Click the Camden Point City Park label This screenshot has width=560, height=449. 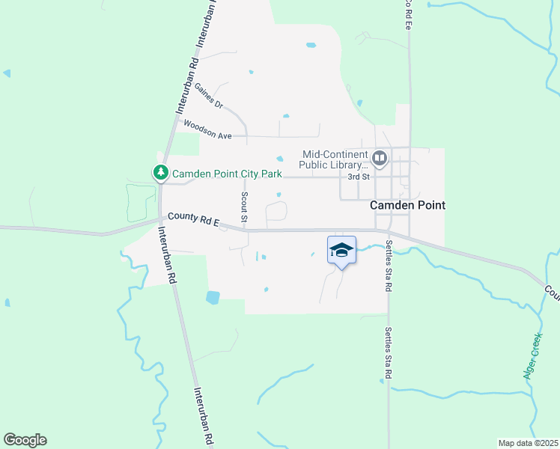(x=227, y=174)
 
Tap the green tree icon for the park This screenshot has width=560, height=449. (x=160, y=173)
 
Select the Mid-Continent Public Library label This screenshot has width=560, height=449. (x=335, y=159)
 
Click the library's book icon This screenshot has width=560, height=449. (x=380, y=159)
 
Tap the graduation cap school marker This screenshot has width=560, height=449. (x=341, y=250)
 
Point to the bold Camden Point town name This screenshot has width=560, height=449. (x=408, y=205)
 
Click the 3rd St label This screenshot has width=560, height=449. (x=359, y=177)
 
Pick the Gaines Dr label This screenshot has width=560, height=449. (x=208, y=96)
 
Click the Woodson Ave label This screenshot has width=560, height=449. (x=207, y=130)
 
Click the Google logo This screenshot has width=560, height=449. (x=25, y=440)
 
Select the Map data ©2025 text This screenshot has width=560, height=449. (x=528, y=442)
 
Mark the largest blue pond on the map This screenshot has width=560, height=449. (x=213, y=297)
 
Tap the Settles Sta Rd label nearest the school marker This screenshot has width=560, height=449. (x=389, y=266)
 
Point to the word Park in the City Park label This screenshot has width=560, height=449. (x=270, y=174)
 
